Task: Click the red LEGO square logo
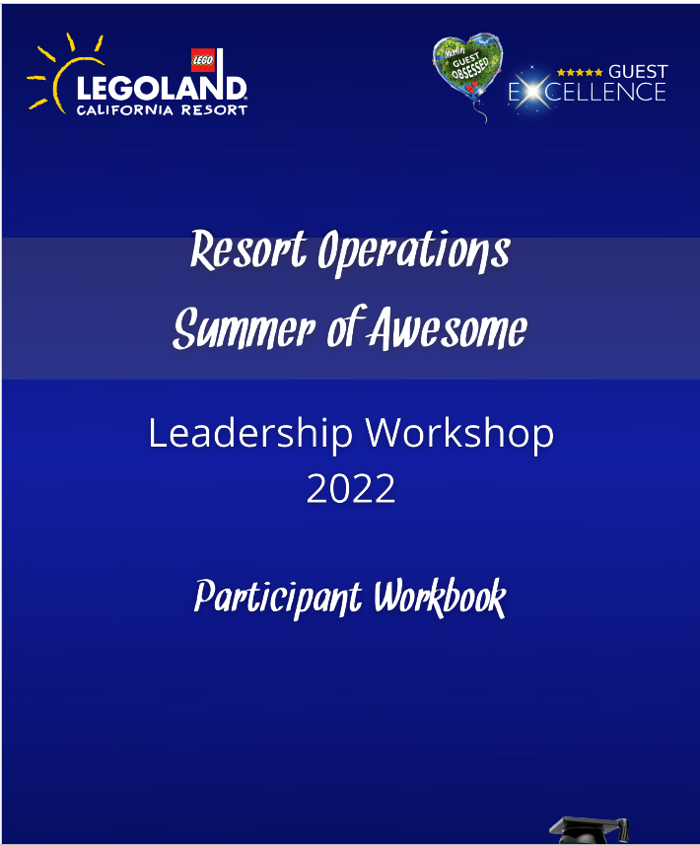(x=203, y=60)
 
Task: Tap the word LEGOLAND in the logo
(x=162, y=88)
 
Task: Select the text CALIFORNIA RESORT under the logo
(x=162, y=110)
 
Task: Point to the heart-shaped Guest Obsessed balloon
(x=467, y=66)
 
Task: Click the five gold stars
(x=580, y=72)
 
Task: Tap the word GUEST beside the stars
(x=638, y=72)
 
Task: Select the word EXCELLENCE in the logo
(x=588, y=92)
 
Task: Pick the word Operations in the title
(x=414, y=251)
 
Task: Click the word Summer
(x=244, y=328)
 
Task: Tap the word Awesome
(x=449, y=328)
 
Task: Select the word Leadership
(x=250, y=434)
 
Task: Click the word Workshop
(x=459, y=434)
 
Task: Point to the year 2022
(x=351, y=489)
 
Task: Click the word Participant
(x=277, y=598)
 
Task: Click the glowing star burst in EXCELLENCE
(x=531, y=91)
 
